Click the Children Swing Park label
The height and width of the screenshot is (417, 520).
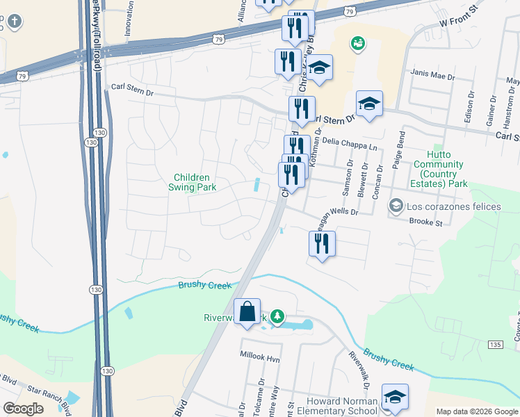click(191, 182)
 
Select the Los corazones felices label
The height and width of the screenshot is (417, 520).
click(454, 206)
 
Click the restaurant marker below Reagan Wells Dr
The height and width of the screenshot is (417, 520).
click(322, 245)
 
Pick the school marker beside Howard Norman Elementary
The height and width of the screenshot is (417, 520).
click(395, 397)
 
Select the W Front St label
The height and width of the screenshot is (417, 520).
click(461, 26)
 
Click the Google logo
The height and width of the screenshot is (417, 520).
click(23, 409)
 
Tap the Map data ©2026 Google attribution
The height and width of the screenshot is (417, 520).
click(476, 411)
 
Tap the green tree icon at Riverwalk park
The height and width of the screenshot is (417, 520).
click(277, 317)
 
